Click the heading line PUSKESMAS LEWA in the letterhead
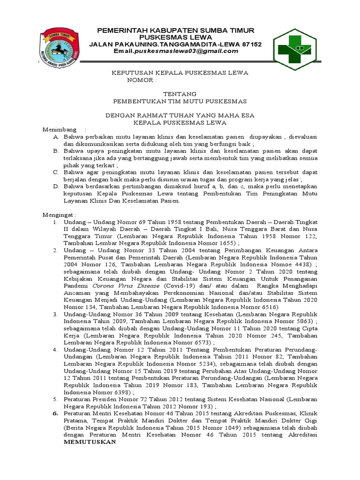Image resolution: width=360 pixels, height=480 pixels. tap(175, 37)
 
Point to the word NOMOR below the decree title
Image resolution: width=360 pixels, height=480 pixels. tap(140, 81)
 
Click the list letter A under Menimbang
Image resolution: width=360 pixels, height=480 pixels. tap(55, 136)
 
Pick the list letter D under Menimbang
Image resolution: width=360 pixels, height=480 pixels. tap(55, 186)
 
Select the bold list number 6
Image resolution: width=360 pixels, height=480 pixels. tap(55, 413)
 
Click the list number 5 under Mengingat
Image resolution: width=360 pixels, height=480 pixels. tap(55, 399)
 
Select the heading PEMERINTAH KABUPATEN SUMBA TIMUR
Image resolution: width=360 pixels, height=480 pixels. tap(175, 30)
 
